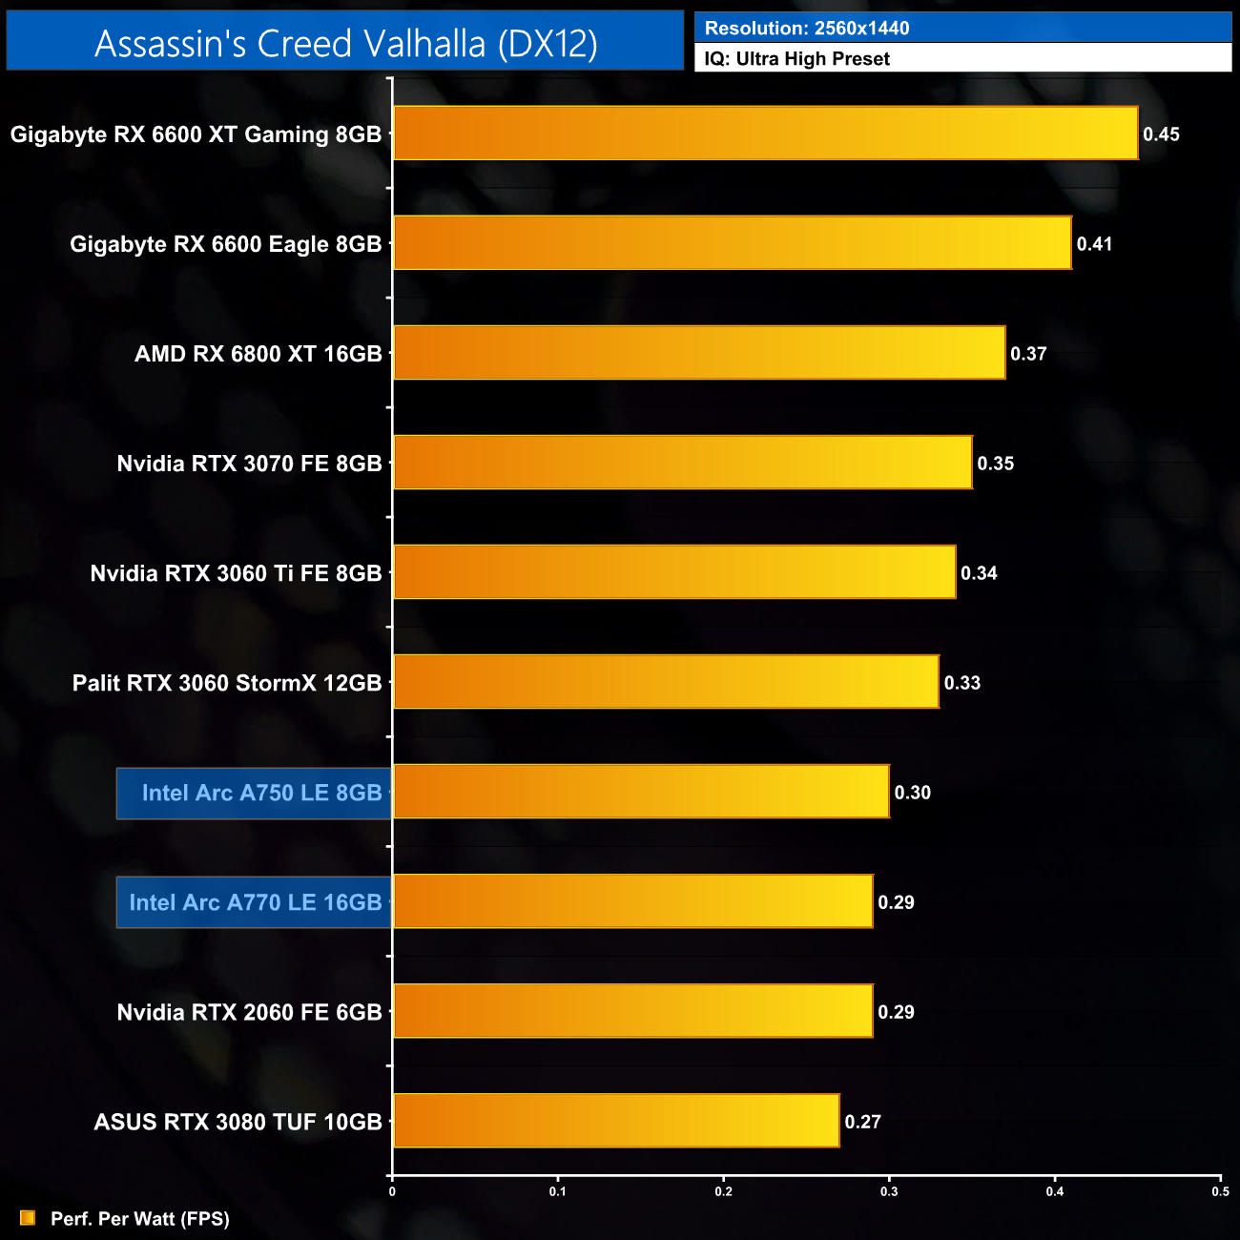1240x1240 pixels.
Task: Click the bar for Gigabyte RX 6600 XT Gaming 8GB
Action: (x=765, y=134)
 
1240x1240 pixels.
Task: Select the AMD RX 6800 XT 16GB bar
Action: (x=699, y=353)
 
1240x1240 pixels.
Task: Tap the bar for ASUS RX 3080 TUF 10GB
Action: (x=616, y=1121)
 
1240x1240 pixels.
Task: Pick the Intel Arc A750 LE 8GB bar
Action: (x=641, y=792)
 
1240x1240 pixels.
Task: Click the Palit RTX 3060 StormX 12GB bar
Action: (x=666, y=682)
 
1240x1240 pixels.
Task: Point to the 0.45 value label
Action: (x=1161, y=134)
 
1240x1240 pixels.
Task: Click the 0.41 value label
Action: (x=1094, y=244)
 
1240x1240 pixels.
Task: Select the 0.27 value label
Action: (x=862, y=1122)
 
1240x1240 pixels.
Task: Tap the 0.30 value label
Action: (x=912, y=793)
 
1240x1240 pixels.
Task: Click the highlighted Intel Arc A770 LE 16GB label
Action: (x=255, y=902)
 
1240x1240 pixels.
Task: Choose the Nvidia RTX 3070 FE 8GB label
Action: (x=249, y=464)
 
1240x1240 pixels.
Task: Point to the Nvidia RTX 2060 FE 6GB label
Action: (x=249, y=1012)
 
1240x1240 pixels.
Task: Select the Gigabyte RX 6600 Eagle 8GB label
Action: (x=225, y=244)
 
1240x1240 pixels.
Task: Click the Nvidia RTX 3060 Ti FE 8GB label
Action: (x=236, y=573)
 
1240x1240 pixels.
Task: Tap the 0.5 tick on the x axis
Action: (x=1220, y=1191)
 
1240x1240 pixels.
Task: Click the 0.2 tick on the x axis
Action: (x=724, y=1191)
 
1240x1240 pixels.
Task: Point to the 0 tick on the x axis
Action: (x=392, y=1191)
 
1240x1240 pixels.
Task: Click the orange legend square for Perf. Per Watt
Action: (x=28, y=1218)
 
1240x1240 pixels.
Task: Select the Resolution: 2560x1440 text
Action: (x=806, y=29)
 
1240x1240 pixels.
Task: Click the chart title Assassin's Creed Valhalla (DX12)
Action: (x=345, y=44)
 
